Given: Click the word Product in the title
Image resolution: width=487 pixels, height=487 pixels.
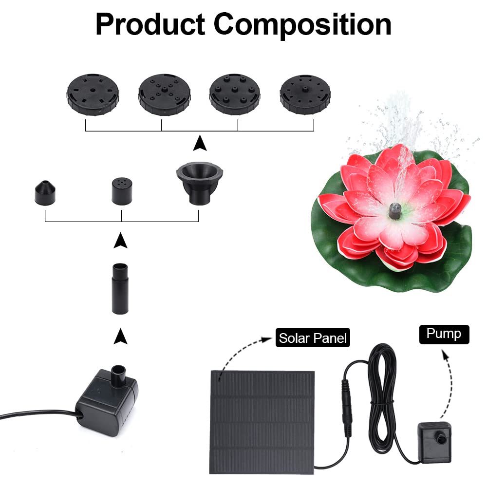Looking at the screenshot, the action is click(150, 25).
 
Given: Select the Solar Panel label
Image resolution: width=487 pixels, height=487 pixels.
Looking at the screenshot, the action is click(313, 337).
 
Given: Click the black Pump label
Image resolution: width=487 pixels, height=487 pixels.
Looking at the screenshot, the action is click(444, 334).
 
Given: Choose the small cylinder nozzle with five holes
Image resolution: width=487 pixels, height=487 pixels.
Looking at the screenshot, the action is click(122, 191).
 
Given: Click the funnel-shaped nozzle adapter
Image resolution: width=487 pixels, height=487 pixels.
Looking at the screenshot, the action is click(200, 183).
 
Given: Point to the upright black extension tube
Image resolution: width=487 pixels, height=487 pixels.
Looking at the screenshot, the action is click(120, 289).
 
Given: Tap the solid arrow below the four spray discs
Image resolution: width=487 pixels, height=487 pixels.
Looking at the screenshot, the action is click(200, 143).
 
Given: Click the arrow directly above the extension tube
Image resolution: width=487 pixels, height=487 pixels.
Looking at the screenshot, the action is click(120, 240).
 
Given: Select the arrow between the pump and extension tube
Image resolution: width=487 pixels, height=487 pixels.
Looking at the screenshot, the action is click(120, 336).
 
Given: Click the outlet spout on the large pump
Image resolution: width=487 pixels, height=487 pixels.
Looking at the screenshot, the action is click(118, 376).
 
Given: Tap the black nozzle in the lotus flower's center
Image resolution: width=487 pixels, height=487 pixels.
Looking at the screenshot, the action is click(395, 210).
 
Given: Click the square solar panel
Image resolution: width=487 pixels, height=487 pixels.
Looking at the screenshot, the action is click(262, 422).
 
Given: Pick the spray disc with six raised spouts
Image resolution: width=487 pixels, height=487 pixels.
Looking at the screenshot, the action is click(235, 94).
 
